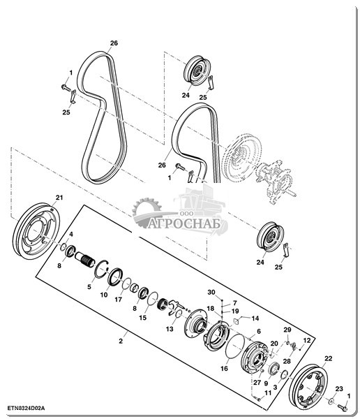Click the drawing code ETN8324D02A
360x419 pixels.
click(26, 409)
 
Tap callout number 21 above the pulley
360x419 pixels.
click(59, 198)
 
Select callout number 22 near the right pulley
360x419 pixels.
click(328, 359)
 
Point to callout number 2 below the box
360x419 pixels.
click(121, 341)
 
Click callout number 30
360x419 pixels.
click(211, 293)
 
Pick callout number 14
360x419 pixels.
click(255, 318)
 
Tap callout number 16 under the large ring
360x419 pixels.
click(224, 369)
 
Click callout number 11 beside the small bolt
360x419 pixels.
click(268, 392)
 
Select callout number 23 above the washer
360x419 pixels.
click(339, 389)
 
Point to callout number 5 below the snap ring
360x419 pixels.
click(89, 287)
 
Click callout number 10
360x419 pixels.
click(104, 295)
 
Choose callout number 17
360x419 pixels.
click(119, 300)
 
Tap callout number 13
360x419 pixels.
click(170, 329)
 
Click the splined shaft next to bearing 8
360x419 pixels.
click(84, 260)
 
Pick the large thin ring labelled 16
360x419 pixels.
click(235, 345)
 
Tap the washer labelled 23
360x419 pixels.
click(331, 401)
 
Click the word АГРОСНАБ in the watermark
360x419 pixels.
click(184, 224)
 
